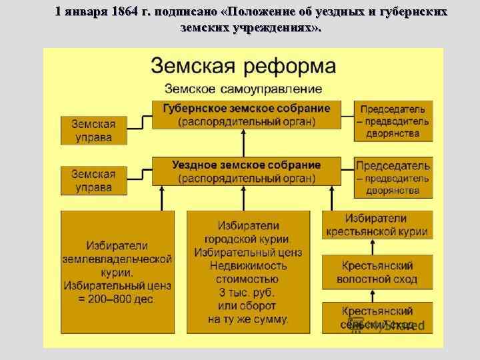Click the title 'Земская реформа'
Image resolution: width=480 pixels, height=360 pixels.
click(x=243, y=66)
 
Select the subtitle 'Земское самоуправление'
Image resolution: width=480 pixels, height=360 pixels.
click(x=243, y=89)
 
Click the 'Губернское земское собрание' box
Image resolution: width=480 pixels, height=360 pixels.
click(x=246, y=115)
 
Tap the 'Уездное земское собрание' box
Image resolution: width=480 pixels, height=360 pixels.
click(x=246, y=171)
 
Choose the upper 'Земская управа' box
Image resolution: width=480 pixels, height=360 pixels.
click(x=93, y=131)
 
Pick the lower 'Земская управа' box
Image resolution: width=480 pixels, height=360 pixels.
click(x=93, y=181)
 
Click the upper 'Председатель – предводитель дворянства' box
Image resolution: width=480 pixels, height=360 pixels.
click(x=393, y=121)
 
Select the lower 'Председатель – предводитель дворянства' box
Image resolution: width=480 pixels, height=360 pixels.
click(x=393, y=177)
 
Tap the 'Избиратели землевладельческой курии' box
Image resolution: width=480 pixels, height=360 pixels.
click(x=117, y=272)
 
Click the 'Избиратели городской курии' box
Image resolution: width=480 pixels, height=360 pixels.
click(x=248, y=272)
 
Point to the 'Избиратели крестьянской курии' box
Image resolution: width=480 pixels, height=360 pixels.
click(x=377, y=225)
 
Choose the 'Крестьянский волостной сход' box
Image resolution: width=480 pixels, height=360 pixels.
click(x=377, y=272)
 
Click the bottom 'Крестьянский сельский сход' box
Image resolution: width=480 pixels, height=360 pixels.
click(x=377, y=318)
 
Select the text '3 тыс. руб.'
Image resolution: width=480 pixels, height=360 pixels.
click(x=247, y=292)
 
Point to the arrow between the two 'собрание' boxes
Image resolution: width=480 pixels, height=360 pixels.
click(x=243, y=143)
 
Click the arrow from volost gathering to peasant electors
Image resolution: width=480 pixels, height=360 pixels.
click(x=377, y=246)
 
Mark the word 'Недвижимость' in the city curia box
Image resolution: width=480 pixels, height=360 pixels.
click(x=247, y=265)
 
